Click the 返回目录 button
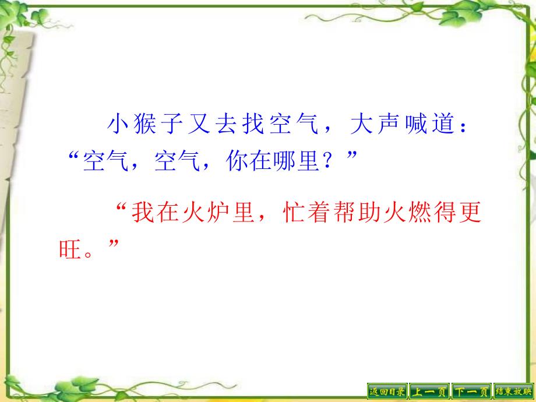coord(387,392)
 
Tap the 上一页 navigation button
coord(429,392)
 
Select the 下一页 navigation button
coord(471,392)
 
